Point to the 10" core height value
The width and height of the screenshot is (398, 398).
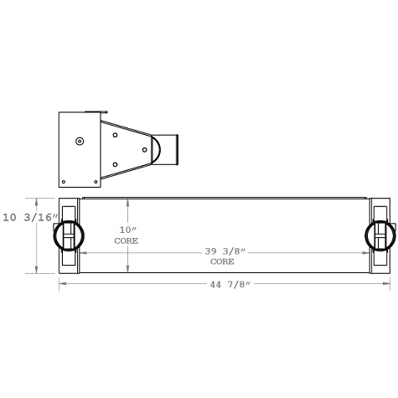[x=127, y=230]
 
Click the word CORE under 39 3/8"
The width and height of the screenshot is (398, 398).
[x=222, y=261]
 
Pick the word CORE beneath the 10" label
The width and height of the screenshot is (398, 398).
[x=127, y=240]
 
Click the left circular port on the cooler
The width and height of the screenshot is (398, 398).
[x=67, y=235]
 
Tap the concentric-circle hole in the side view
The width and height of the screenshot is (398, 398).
[x=79, y=141]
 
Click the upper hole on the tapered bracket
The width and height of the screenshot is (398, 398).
[x=115, y=134]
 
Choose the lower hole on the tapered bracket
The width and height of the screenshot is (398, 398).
[x=115, y=164]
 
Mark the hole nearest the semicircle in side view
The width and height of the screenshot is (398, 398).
[x=144, y=150]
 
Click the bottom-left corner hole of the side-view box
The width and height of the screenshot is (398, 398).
[x=64, y=181]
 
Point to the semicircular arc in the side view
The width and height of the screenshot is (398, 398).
[x=156, y=149]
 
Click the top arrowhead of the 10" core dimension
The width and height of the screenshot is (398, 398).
[x=127, y=202]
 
